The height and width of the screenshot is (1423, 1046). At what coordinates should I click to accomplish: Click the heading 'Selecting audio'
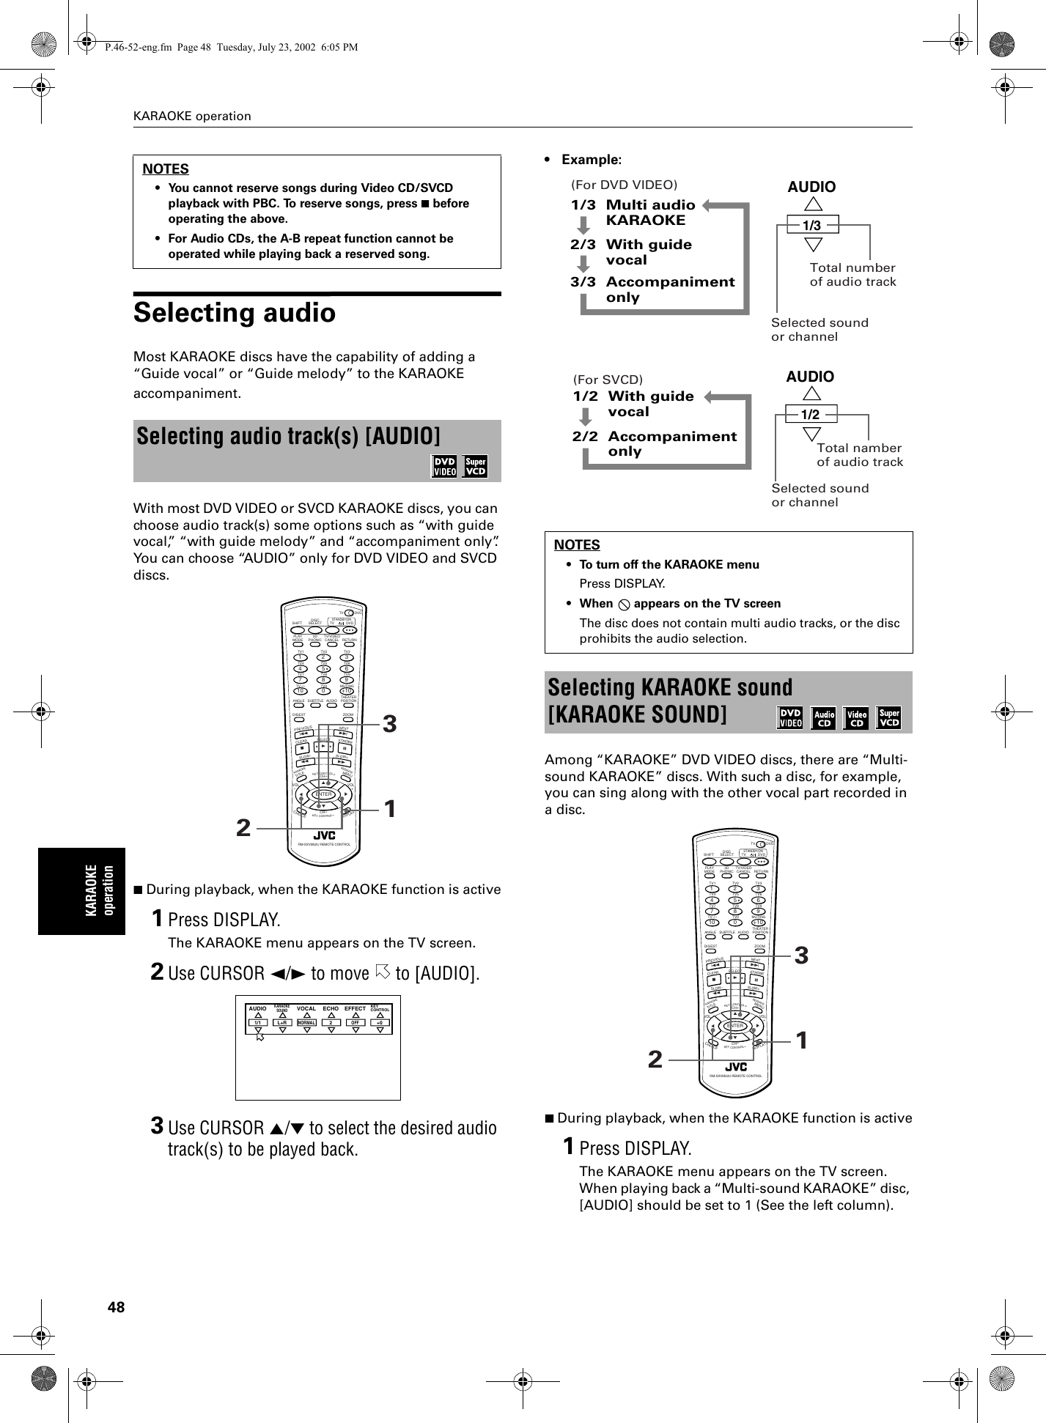(x=235, y=314)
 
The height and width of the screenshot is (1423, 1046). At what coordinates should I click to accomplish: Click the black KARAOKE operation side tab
(x=82, y=890)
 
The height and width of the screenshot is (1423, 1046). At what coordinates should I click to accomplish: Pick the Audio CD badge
(x=825, y=718)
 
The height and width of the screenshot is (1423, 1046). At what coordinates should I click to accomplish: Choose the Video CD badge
(x=857, y=718)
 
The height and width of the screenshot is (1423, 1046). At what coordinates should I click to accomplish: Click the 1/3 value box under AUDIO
(x=811, y=225)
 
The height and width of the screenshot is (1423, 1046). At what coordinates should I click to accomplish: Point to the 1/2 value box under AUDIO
(x=810, y=415)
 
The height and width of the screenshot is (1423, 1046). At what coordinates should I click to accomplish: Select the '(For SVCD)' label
(x=607, y=380)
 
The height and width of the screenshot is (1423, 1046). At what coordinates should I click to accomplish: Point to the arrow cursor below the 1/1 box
(x=259, y=1036)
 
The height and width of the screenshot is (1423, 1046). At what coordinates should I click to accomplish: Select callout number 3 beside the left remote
(x=390, y=724)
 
